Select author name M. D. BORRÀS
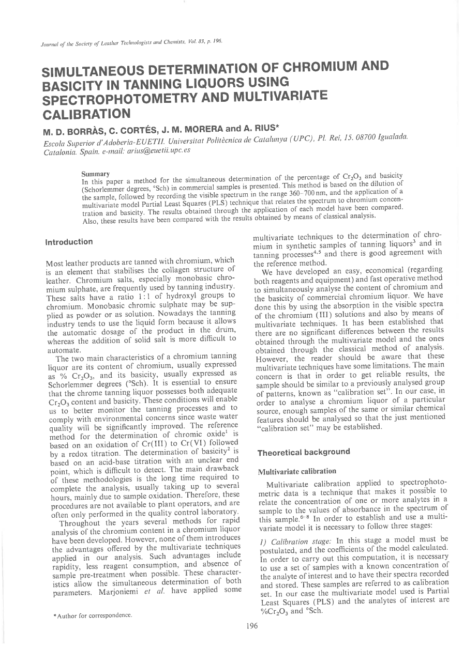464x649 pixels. coord(73,129)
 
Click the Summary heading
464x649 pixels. coord(95,175)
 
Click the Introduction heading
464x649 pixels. coord(69,242)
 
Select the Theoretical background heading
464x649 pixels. coord(304,452)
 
